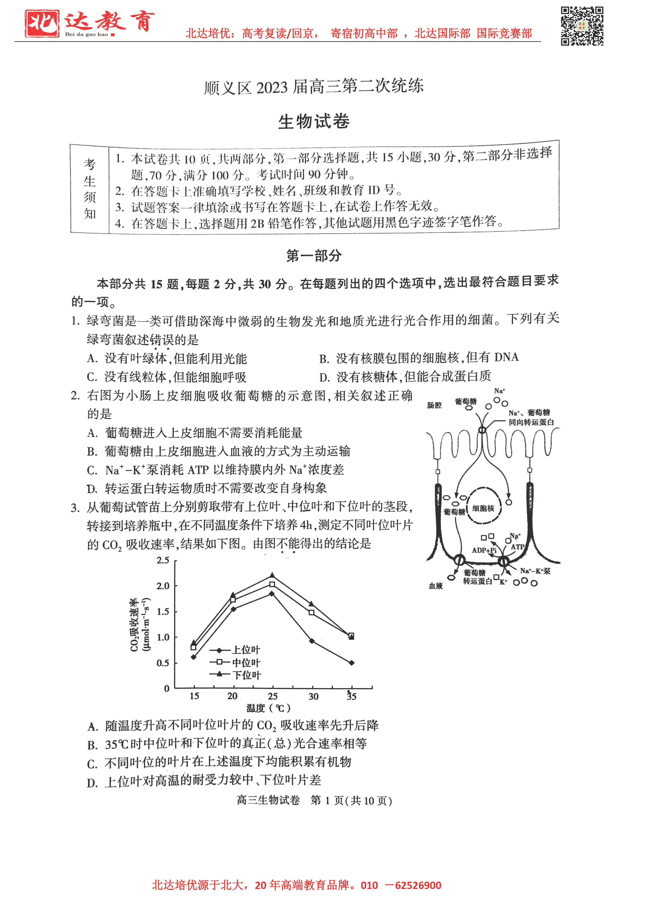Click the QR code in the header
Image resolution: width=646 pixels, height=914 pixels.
pyautogui.click(x=582, y=26)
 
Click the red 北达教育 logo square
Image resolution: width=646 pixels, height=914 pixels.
pyautogui.click(x=42, y=23)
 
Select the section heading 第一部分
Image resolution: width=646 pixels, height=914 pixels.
pyautogui.click(x=314, y=256)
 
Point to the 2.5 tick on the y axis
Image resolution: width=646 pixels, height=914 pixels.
pyautogui.click(x=163, y=560)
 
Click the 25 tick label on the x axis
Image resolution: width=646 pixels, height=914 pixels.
pyautogui.click(x=273, y=696)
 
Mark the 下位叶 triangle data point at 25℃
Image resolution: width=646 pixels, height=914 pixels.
pyautogui.click(x=272, y=575)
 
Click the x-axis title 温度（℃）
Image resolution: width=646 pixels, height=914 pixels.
pyautogui.click(x=269, y=708)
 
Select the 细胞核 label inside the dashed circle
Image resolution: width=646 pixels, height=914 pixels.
pyautogui.click(x=483, y=508)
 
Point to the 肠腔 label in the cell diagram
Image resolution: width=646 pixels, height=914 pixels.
pyautogui.click(x=434, y=405)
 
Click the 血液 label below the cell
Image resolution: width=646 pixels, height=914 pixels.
pyautogui.click(x=436, y=586)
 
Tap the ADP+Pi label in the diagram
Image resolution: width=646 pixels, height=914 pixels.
pyautogui.click(x=484, y=550)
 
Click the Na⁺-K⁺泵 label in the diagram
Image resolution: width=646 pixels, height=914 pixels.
pyautogui.click(x=535, y=571)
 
